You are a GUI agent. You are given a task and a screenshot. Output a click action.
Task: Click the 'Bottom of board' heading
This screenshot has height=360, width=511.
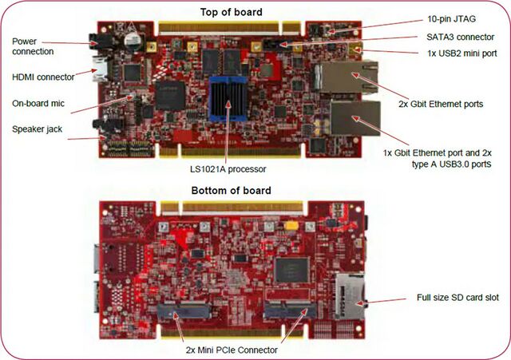pos(232,191)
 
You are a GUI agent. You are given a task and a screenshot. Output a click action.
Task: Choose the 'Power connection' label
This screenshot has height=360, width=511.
pos(34,45)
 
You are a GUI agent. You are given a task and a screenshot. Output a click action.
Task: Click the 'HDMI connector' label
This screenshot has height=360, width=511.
pos(42,77)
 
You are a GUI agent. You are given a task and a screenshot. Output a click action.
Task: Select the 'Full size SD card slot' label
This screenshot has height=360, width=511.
pos(458,298)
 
